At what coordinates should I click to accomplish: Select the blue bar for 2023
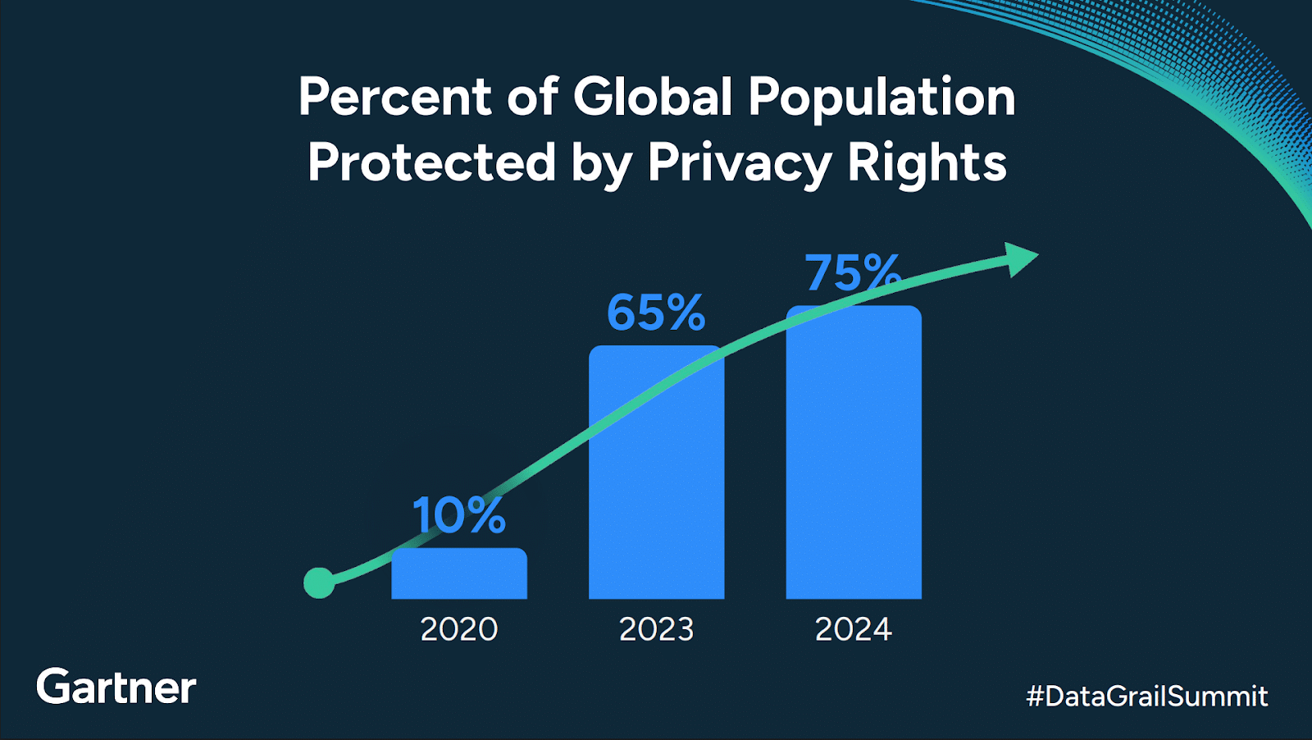pyautogui.click(x=656, y=492)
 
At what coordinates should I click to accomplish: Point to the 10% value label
pyautogui.click(x=458, y=515)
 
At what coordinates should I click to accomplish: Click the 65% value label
pyautogui.click(x=655, y=313)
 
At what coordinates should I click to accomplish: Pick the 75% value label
pyautogui.click(x=853, y=272)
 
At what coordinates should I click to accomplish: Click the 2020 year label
pyautogui.click(x=459, y=629)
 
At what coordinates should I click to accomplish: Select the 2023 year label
pyautogui.click(x=656, y=629)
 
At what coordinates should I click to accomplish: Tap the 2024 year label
pyautogui.click(x=853, y=629)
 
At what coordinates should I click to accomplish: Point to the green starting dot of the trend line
pyautogui.click(x=319, y=582)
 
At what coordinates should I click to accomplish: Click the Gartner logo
pyautogui.click(x=116, y=687)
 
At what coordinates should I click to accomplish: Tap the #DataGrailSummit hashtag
pyautogui.click(x=1146, y=697)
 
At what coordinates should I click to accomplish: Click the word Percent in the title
pyautogui.click(x=394, y=97)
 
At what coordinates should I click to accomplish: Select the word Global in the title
pyautogui.click(x=652, y=97)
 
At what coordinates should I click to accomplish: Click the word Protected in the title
pyautogui.click(x=431, y=162)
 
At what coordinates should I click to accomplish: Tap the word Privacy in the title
pyautogui.click(x=739, y=163)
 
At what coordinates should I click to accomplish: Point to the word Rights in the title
pyautogui.click(x=927, y=163)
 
